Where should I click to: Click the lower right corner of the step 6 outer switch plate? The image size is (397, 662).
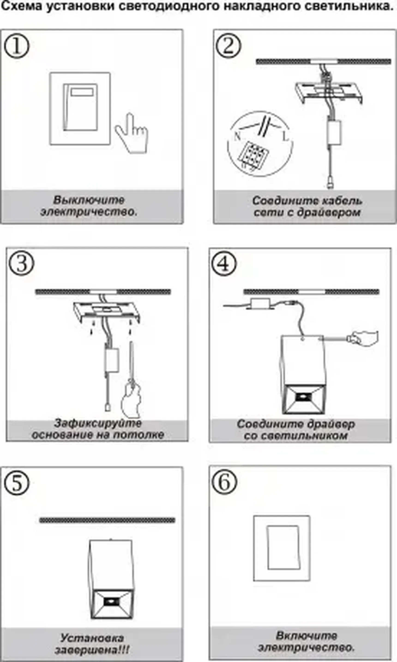coord(310,581)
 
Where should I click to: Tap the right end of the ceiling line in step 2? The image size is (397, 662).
coord(391,62)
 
